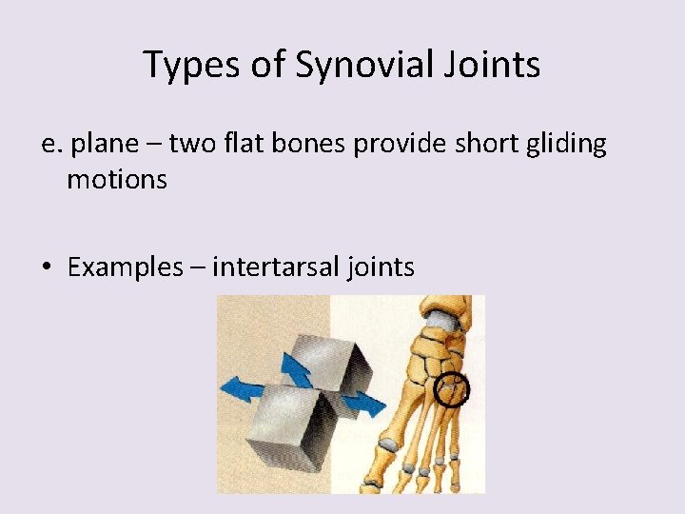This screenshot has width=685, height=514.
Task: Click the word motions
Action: click(117, 179)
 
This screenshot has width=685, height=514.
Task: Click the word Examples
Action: click(125, 267)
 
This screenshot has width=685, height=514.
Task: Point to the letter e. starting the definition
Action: click(51, 145)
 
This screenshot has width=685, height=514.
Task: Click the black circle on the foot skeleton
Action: click(452, 389)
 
